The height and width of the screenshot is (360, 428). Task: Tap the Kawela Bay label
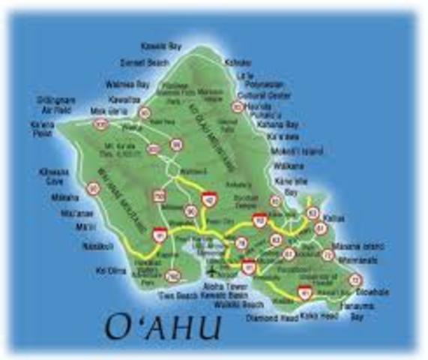(164, 46)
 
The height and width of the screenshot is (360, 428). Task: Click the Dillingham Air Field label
(55, 103)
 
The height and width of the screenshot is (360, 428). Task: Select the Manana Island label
(364, 246)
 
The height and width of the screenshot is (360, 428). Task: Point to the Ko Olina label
(112, 270)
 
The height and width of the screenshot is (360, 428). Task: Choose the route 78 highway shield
(241, 243)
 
